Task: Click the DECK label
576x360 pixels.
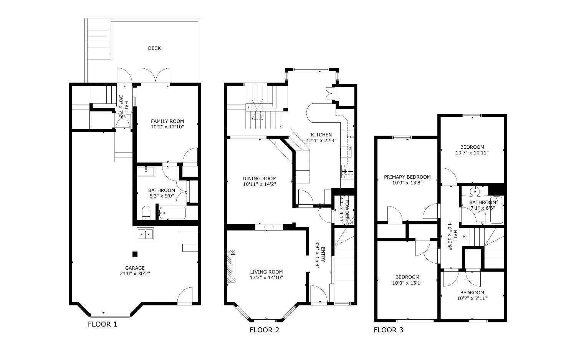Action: click(x=154, y=48)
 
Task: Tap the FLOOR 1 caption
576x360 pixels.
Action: click(x=103, y=324)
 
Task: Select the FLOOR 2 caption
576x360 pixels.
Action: click(x=264, y=330)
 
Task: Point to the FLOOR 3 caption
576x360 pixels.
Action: click(x=388, y=330)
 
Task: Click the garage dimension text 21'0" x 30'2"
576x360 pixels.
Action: click(x=135, y=274)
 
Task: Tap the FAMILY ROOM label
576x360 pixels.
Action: click(x=167, y=121)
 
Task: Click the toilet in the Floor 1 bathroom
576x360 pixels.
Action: click(x=146, y=212)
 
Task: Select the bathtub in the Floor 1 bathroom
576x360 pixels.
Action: click(x=172, y=213)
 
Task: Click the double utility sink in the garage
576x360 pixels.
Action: click(x=145, y=234)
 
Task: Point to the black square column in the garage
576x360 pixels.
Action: click(x=135, y=254)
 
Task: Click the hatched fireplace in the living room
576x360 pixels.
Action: click(x=231, y=267)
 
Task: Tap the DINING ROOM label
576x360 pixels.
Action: click(x=260, y=178)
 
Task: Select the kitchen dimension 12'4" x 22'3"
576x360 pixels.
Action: click(x=321, y=141)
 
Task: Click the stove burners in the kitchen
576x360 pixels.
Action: click(x=347, y=171)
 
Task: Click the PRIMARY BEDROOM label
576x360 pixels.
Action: click(x=407, y=177)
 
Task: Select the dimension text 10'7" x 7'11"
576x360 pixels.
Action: click(x=472, y=298)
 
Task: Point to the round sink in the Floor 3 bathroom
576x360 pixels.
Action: click(x=475, y=191)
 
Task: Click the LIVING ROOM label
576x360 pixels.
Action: click(x=266, y=272)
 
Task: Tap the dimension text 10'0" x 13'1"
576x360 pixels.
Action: click(x=407, y=283)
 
